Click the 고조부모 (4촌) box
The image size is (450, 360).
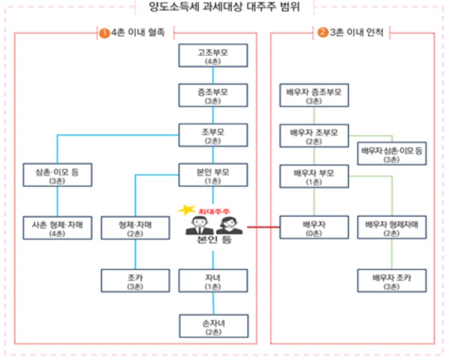pos(212,56)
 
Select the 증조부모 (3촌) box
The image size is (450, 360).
pos(212,96)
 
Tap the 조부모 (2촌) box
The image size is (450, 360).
pos(212,135)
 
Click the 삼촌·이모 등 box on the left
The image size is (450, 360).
pos(57,176)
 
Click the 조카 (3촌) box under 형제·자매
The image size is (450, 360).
pos(134,281)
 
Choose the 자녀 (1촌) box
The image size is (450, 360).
pos(212,281)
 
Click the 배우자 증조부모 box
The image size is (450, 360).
pos(314,96)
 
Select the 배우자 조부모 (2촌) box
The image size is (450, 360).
pos(314,136)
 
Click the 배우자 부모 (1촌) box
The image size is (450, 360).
pos(314,176)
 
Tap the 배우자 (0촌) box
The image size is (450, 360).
pos(314,228)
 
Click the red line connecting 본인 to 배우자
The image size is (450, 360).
pos(262,226)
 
